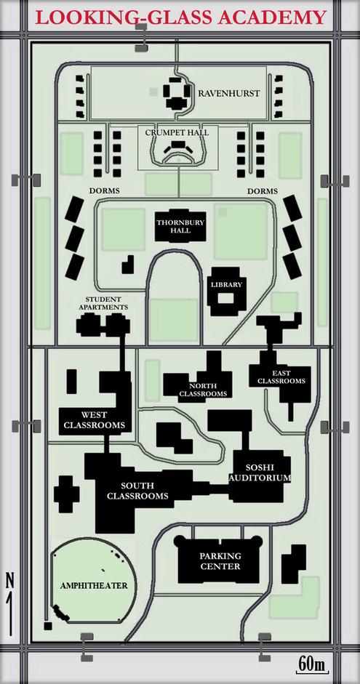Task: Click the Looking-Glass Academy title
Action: (x=180, y=17)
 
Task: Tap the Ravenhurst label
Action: (x=229, y=93)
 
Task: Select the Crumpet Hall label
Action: (x=177, y=132)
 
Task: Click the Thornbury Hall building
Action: (x=180, y=226)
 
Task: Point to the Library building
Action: (x=226, y=291)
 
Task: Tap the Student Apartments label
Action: (x=103, y=303)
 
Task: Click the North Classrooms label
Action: (x=204, y=390)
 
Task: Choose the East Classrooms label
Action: (x=281, y=377)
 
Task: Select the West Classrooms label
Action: (x=95, y=419)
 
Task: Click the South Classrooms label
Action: (x=138, y=491)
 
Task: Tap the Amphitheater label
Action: (x=94, y=585)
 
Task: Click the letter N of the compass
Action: (x=10, y=580)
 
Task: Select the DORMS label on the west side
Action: (x=104, y=191)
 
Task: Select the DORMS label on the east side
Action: (x=263, y=191)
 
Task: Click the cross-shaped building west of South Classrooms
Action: (x=67, y=494)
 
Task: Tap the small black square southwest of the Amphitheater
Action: (x=48, y=626)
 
